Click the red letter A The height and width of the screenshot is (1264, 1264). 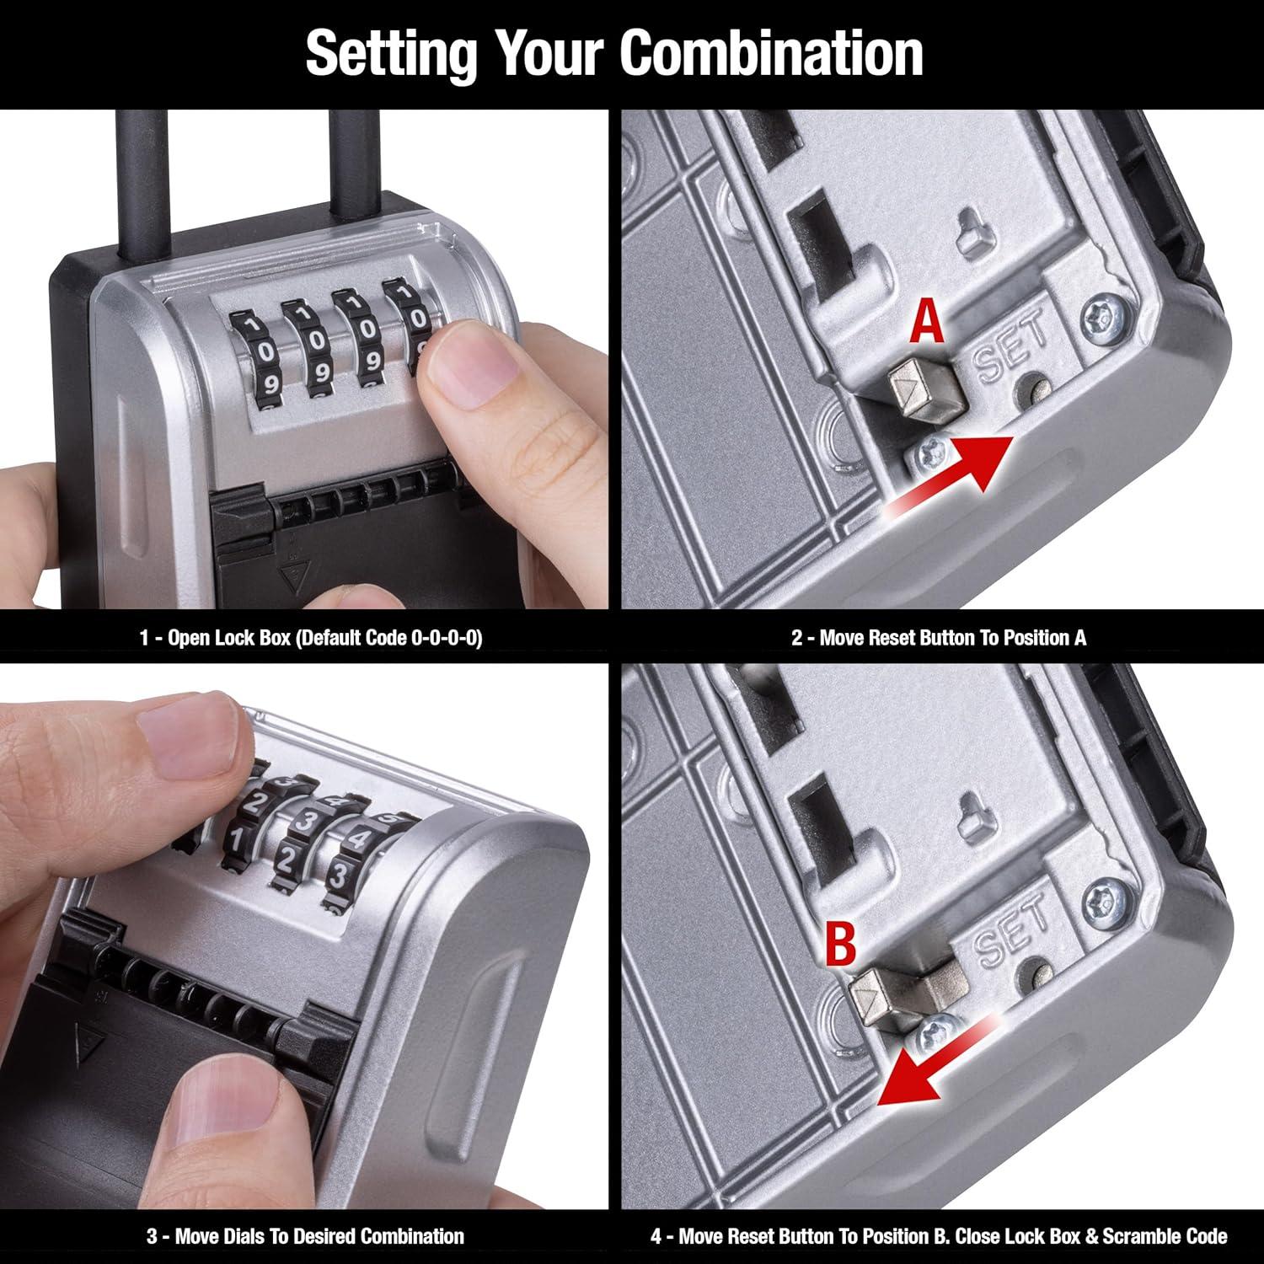[928, 324]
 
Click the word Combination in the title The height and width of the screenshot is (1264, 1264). [771, 53]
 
